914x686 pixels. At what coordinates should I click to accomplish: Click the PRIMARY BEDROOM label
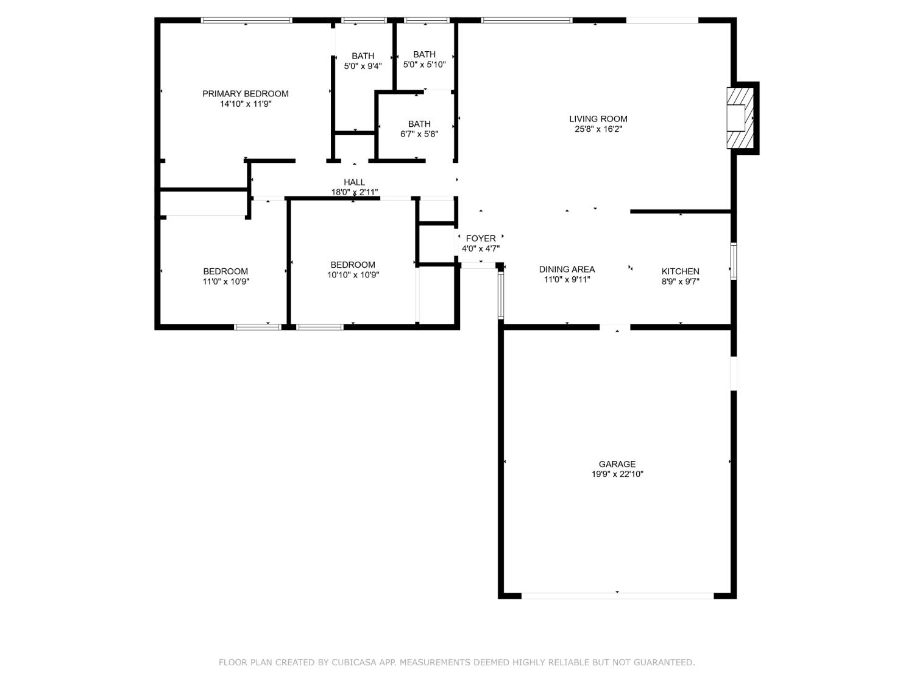245,93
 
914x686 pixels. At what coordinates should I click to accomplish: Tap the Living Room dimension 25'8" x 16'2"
598,129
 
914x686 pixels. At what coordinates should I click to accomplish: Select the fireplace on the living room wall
740,118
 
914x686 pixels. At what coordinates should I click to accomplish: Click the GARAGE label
617,464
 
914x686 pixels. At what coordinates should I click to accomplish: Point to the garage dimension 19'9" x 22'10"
617,474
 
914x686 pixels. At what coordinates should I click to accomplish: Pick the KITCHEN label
680,271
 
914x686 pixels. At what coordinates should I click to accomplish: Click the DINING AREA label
567,269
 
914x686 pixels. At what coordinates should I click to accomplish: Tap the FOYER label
481,238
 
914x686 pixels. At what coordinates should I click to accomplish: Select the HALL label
354,182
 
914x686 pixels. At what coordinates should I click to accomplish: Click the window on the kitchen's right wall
734,261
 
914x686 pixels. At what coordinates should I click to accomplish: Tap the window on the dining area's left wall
501,296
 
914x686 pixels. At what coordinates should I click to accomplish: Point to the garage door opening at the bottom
617,595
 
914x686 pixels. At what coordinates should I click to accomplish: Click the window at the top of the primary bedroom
247,20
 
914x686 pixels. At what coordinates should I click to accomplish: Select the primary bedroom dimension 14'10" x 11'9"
245,104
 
